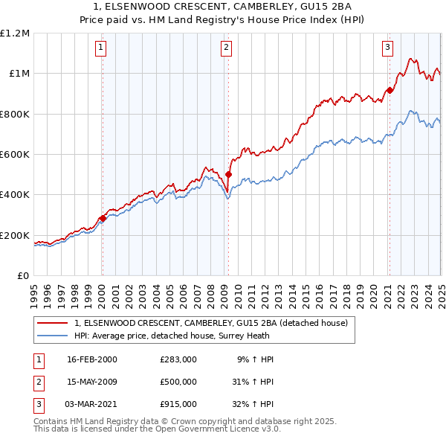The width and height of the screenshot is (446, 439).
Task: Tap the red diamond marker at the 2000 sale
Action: coord(103,219)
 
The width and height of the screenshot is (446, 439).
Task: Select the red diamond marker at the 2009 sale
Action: coord(228,175)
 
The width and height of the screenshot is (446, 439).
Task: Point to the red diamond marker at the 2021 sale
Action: coord(389,91)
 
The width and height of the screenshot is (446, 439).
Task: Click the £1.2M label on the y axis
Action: coord(15,33)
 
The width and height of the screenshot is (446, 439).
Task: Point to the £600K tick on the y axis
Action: coord(14,155)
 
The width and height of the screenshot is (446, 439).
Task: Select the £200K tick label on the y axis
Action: coord(14,235)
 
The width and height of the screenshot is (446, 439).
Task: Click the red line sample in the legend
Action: coord(53,324)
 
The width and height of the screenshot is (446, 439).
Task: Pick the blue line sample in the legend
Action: coord(53,336)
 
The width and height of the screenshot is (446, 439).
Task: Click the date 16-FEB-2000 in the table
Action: coord(92,359)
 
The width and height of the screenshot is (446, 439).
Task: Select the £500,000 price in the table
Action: coord(178,382)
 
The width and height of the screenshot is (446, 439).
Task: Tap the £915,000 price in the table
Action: coord(178,404)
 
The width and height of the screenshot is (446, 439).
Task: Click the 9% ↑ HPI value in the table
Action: coord(255,359)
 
